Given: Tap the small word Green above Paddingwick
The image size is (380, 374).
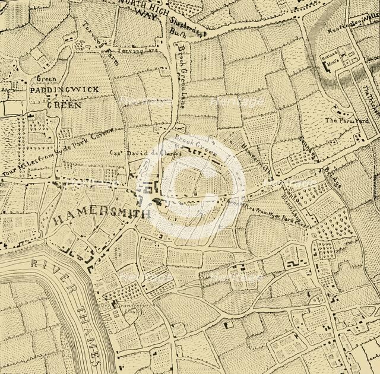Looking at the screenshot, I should [46, 78].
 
